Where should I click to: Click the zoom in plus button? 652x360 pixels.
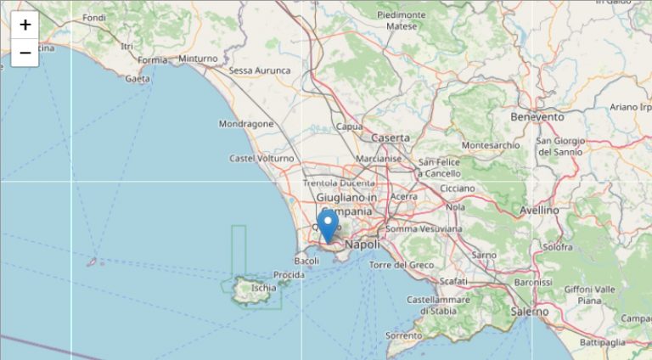[x=25, y=25]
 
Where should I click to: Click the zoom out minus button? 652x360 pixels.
[x=25, y=53]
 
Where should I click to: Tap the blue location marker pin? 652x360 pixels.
[x=328, y=226]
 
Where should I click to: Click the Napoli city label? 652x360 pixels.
[x=363, y=245]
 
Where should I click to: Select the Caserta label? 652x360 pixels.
[x=391, y=138]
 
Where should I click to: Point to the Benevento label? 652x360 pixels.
[x=537, y=116]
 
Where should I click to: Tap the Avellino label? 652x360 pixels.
[x=539, y=210]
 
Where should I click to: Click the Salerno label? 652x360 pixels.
[x=529, y=312]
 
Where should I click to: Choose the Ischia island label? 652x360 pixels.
[x=263, y=288]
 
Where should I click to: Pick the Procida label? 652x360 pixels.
[x=289, y=275]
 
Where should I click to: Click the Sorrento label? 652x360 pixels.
[x=402, y=336]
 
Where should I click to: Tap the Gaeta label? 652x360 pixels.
[x=138, y=79]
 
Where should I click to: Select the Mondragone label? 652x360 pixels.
[x=246, y=124]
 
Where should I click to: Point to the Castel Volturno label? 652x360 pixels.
[x=261, y=159]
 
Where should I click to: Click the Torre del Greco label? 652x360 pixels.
[x=402, y=265]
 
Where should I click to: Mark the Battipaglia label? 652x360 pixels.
[x=603, y=342]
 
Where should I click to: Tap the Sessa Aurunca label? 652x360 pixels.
[x=260, y=70]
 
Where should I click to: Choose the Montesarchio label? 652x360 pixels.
[x=491, y=145]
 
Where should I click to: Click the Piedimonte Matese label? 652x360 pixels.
[x=402, y=20]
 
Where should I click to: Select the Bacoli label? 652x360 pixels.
[x=306, y=261]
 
